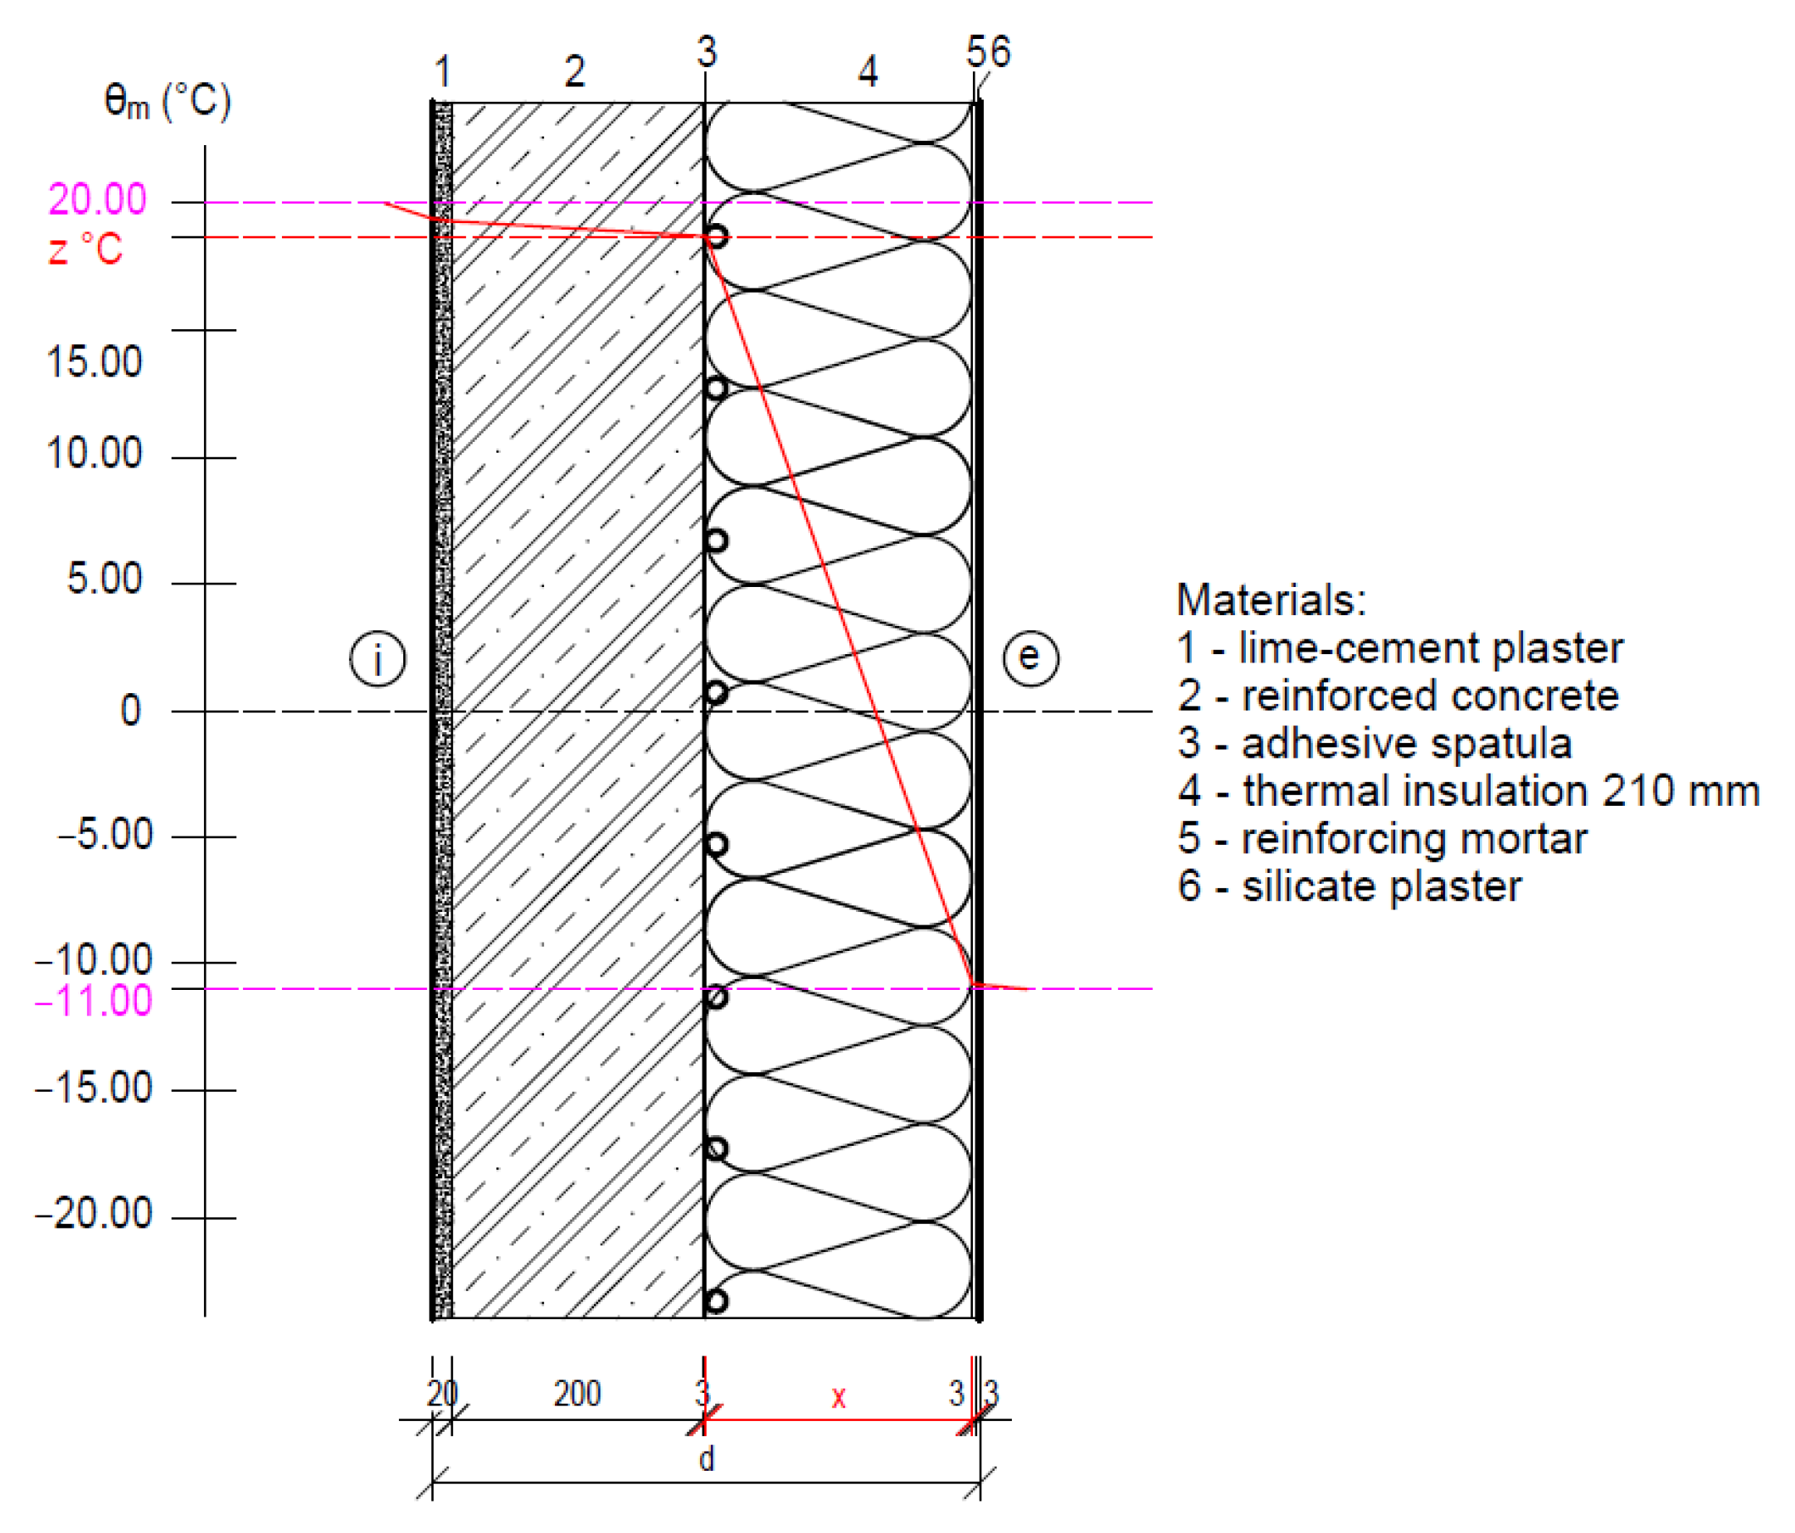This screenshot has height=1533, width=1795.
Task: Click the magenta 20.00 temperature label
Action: tap(97, 199)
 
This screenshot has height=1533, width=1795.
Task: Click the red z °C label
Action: tap(85, 250)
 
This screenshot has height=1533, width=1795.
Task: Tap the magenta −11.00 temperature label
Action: tap(94, 1001)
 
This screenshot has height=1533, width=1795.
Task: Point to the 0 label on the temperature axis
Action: tap(130, 711)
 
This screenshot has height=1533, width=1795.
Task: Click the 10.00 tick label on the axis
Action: tap(94, 453)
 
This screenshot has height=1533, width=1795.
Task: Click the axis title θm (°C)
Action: tap(168, 101)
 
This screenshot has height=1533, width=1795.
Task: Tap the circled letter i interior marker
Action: tap(377, 659)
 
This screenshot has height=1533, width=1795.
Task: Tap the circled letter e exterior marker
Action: tap(1030, 657)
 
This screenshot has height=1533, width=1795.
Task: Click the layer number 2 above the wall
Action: tap(574, 71)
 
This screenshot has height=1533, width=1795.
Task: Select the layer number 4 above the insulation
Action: tap(868, 71)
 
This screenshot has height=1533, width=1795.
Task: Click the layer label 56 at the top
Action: tap(989, 52)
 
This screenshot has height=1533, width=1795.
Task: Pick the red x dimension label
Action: tap(838, 1396)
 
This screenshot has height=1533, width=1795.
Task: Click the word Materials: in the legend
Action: tap(1271, 599)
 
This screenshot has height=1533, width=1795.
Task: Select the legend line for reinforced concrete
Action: tap(1398, 696)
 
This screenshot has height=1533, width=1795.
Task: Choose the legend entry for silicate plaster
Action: tap(1349, 886)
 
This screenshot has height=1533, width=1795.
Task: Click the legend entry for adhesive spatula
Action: tap(1374, 743)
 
